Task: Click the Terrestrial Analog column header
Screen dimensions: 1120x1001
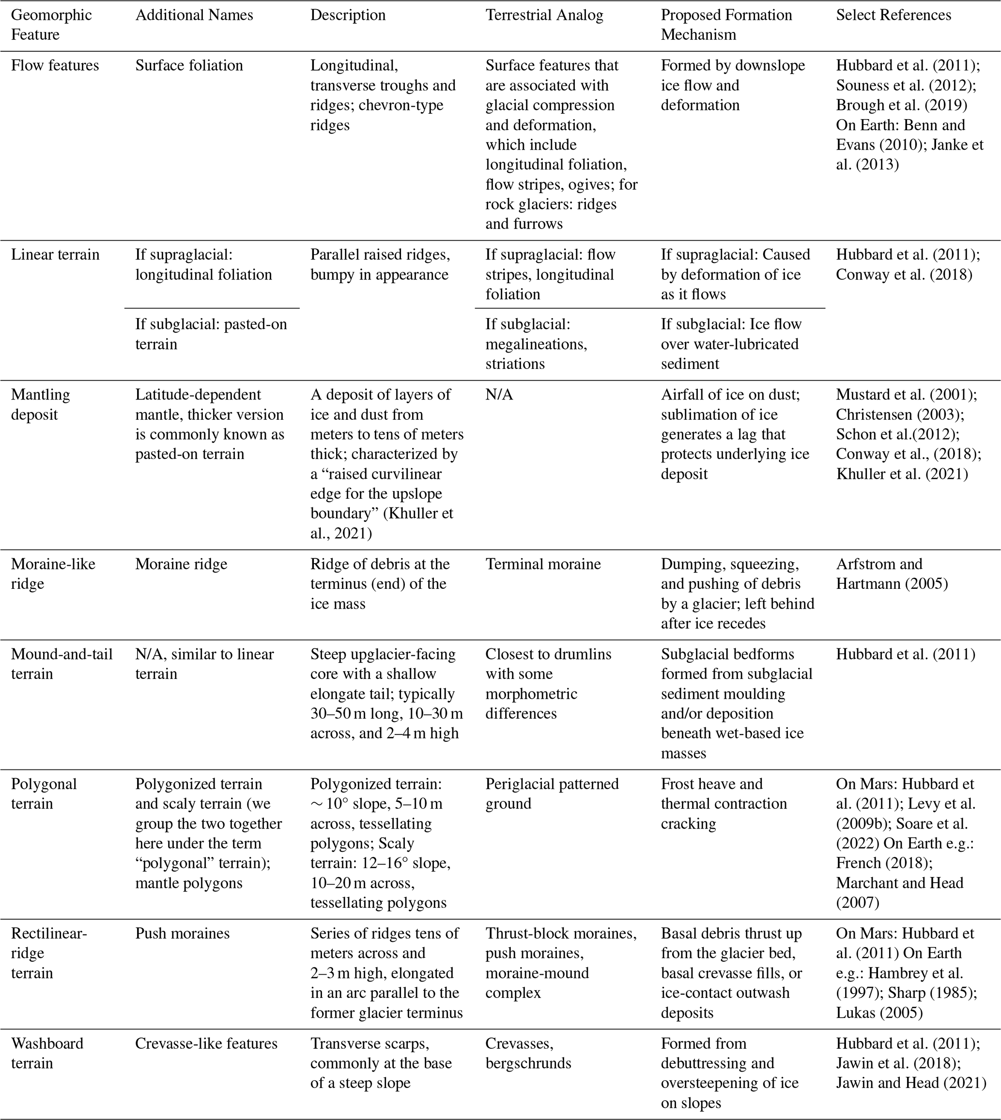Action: pos(544,15)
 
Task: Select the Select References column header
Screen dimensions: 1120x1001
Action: pos(893,15)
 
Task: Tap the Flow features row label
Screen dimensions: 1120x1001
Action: pos(55,65)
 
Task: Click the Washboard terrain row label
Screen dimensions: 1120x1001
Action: pos(47,1053)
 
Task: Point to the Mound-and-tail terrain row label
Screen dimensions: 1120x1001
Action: pos(62,664)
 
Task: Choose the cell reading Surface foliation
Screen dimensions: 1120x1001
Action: pos(189,65)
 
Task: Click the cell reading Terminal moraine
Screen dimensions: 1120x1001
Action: pos(543,564)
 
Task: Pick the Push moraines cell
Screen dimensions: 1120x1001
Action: pos(182,933)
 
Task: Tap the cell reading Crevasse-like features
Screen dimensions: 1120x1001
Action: pos(206,1043)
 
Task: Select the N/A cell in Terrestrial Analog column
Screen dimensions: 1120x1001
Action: pos(499,395)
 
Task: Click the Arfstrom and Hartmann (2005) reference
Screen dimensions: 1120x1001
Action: pos(892,574)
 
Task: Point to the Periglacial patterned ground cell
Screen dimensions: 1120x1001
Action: pos(552,794)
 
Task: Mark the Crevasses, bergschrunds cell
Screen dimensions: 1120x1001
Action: pos(528,1053)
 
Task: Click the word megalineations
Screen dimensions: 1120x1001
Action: pos(536,344)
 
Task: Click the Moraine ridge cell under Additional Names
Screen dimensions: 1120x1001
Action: pos(181,564)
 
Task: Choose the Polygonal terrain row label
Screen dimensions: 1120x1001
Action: pos(44,794)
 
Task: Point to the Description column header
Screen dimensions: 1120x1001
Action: pos(348,15)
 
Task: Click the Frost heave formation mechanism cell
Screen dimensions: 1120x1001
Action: pos(724,803)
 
